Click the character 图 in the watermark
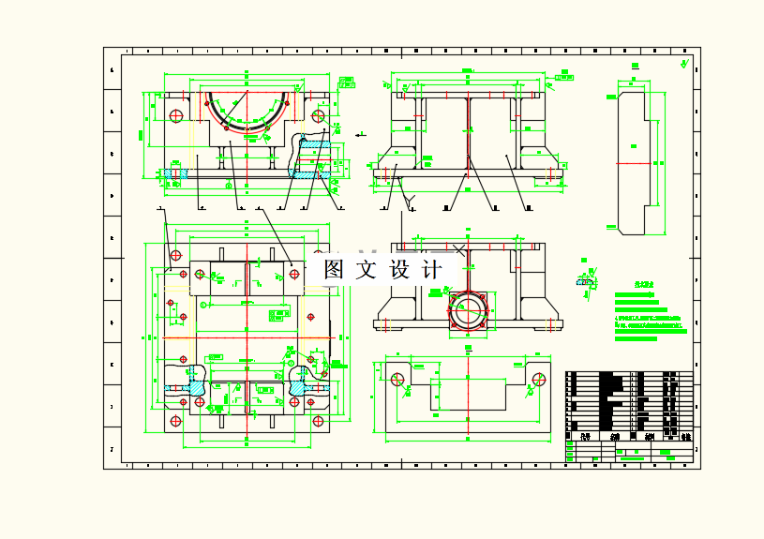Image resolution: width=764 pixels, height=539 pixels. [334, 270]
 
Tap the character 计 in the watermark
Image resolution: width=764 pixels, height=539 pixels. [431, 270]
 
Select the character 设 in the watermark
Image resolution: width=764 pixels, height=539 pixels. [399, 270]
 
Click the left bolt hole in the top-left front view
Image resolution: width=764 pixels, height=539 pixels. [175, 115]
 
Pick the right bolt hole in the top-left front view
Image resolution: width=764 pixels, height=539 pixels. [319, 116]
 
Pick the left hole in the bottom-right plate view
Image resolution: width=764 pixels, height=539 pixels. [398, 379]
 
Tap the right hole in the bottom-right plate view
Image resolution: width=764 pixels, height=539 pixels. [539, 379]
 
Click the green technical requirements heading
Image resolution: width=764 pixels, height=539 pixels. [643, 283]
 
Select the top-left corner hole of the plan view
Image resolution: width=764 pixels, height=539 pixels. [175, 254]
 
